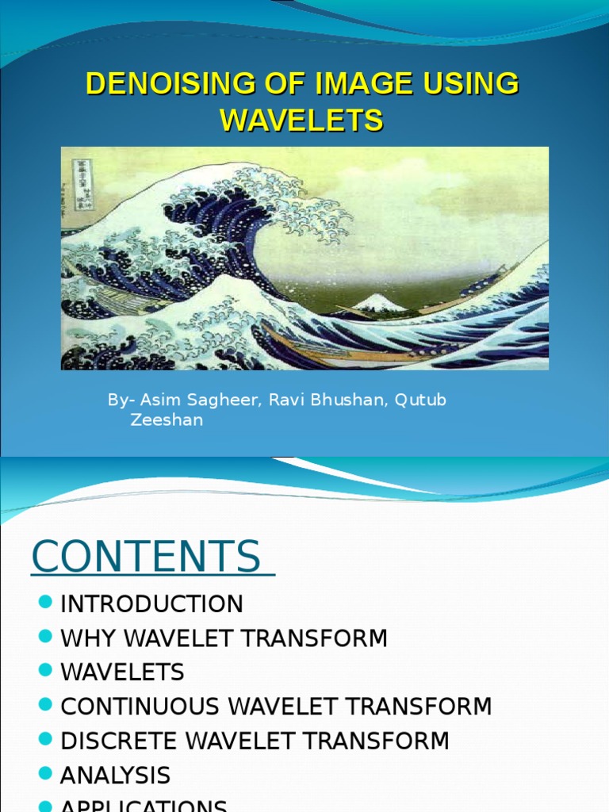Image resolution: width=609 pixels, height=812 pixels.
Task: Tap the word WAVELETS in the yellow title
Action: tap(301, 121)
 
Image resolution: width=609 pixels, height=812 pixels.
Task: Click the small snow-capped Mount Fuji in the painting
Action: tap(378, 302)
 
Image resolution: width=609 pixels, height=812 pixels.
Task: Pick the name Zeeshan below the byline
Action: tap(167, 420)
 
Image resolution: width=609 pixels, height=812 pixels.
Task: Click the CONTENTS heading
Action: tap(147, 557)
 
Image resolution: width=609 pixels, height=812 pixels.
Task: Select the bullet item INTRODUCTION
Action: tap(151, 604)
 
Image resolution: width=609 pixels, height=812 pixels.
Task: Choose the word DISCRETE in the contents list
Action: tap(122, 741)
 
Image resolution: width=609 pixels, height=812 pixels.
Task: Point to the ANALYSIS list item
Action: tap(115, 776)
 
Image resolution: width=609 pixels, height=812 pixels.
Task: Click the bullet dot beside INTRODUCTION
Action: tap(45, 603)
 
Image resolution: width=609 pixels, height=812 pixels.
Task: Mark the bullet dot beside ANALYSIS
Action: tap(45, 774)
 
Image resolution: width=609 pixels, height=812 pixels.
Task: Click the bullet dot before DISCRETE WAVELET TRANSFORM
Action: tap(45, 740)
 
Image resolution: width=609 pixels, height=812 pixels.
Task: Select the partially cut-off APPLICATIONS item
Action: tap(144, 805)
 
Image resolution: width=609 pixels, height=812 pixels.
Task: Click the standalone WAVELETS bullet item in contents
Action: tap(122, 672)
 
